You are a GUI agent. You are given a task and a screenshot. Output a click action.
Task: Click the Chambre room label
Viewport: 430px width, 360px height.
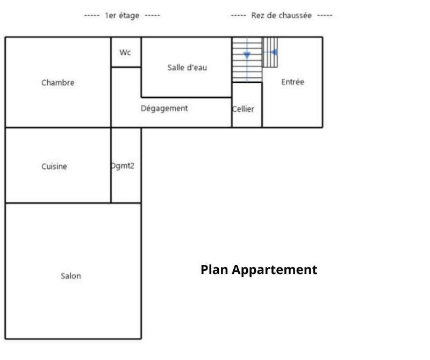coord(58,83)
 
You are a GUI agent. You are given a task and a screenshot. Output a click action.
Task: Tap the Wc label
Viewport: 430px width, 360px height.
coord(125,52)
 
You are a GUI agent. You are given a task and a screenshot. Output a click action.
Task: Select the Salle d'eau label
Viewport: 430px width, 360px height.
coord(187,68)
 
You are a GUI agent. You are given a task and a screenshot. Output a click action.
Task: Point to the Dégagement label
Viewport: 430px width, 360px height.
coord(164,108)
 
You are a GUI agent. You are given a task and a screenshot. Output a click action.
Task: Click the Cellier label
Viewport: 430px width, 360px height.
coord(243,109)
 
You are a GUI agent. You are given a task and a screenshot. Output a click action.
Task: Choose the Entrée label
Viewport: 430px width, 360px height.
coord(292,82)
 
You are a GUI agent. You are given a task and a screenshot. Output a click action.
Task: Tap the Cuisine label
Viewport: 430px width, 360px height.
coord(54,167)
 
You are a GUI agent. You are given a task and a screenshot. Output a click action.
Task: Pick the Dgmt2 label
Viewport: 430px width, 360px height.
coord(123,166)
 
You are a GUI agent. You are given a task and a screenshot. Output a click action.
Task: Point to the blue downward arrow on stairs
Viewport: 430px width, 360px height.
coord(247,55)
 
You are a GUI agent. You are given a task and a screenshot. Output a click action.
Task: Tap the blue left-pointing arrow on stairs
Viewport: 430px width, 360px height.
coord(274,52)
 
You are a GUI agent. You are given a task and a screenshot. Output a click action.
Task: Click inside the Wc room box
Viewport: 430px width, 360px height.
coord(126,59)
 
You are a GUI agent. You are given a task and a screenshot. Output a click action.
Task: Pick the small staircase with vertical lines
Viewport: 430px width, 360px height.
coord(270,52)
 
